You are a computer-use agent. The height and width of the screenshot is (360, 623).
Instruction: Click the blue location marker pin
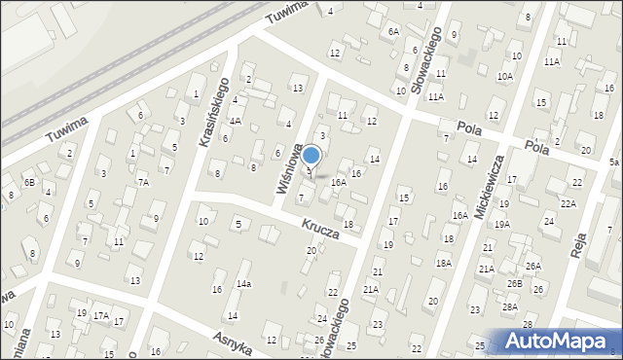tap(311, 156)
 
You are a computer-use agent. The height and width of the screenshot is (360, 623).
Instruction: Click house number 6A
tap(393, 31)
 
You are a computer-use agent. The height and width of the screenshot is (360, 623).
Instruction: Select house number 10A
tap(504, 76)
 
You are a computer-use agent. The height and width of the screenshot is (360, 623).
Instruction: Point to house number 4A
tap(235, 122)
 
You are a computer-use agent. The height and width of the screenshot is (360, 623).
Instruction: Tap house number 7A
tap(142, 182)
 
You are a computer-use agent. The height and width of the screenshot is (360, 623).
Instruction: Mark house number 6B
tap(29, 182)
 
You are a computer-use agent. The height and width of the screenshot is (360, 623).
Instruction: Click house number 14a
tap(243, 284)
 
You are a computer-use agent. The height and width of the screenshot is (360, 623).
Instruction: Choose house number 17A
tap(100, 315)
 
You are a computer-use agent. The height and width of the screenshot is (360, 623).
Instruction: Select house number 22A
tap(568, 203)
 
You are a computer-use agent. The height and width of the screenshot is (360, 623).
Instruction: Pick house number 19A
tap(501, 224)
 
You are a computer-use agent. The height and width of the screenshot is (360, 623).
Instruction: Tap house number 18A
tap(443, 263)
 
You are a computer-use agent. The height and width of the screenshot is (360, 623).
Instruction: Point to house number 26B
tap(514, 284)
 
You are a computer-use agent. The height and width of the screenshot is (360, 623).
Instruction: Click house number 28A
tap(509, 306)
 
